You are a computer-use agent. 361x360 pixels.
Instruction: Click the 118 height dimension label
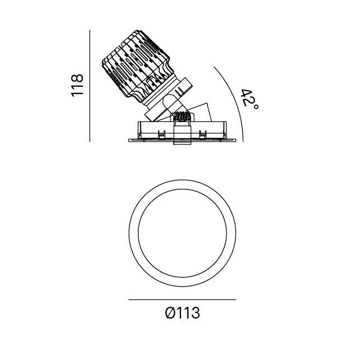click(x=77, y=85)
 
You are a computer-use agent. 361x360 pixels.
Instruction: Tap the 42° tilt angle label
click(x=249, y=100)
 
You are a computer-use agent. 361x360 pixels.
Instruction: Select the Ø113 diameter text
click(x=183, y=313)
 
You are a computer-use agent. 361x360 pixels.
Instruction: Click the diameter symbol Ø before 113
click(x=170, y=313)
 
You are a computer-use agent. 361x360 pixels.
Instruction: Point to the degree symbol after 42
click(x=256, y=107)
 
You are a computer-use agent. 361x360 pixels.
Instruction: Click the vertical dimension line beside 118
click(x=90, y=86)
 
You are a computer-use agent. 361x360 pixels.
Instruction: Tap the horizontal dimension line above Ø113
click(x=182, y=300)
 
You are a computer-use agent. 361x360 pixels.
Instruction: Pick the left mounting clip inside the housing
click(x=161, y=135)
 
